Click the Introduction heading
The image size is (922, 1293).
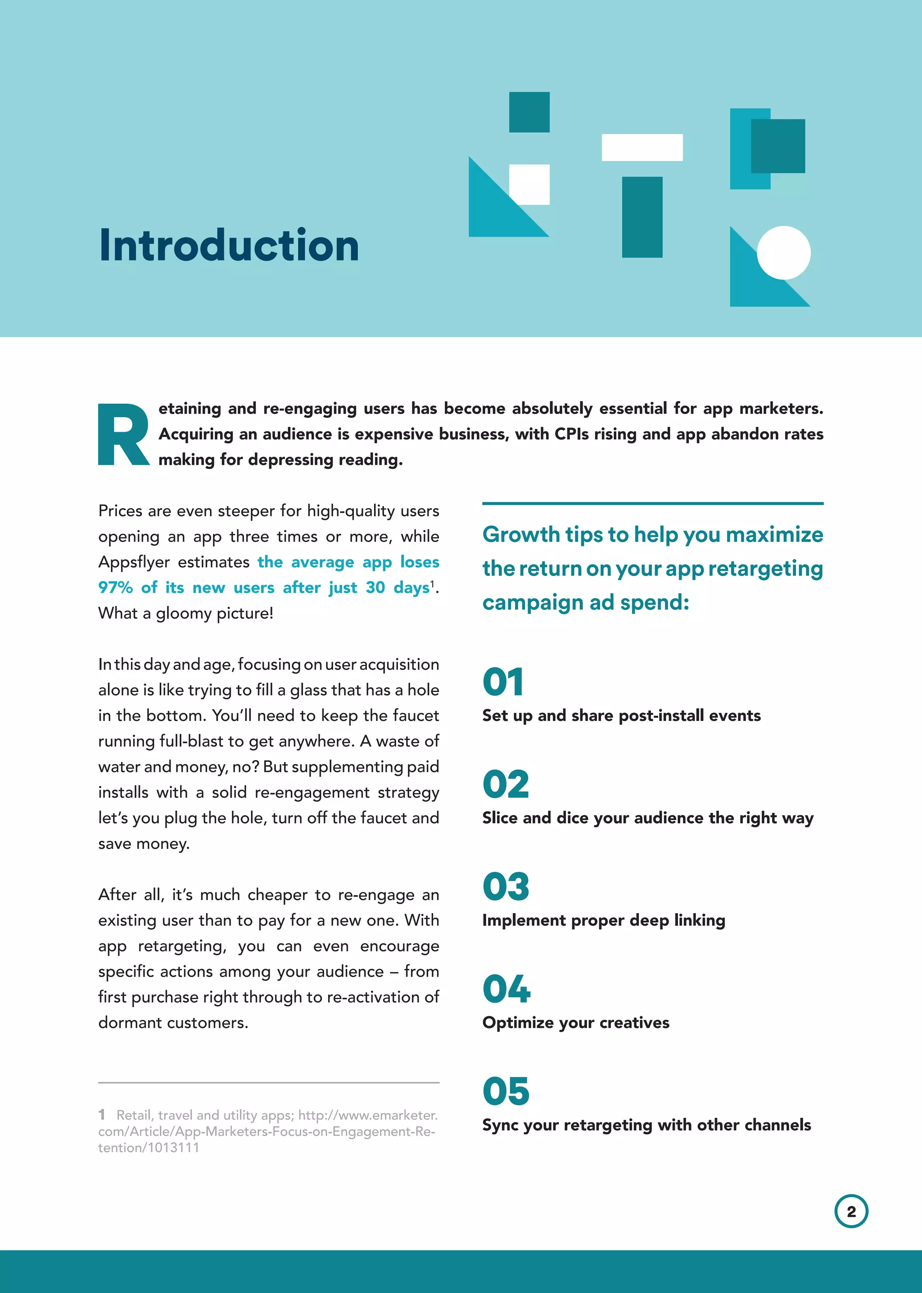point(229,246)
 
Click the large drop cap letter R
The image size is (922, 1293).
point(123,435)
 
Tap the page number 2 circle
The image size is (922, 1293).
point(851,1211)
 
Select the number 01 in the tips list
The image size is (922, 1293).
point(503,682)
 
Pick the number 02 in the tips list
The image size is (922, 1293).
point(505,784)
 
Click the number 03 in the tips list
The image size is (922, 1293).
point(505,886)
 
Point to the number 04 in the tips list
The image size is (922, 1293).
point(506,988)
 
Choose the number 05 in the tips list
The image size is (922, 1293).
point(505,1091)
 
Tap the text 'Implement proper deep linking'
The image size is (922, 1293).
point(604,920)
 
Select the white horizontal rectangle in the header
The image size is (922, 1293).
point(642,148)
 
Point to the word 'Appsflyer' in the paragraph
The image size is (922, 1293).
point(134,562)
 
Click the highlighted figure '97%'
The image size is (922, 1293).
point(115,587)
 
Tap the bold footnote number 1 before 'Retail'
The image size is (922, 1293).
point(102,1115)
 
